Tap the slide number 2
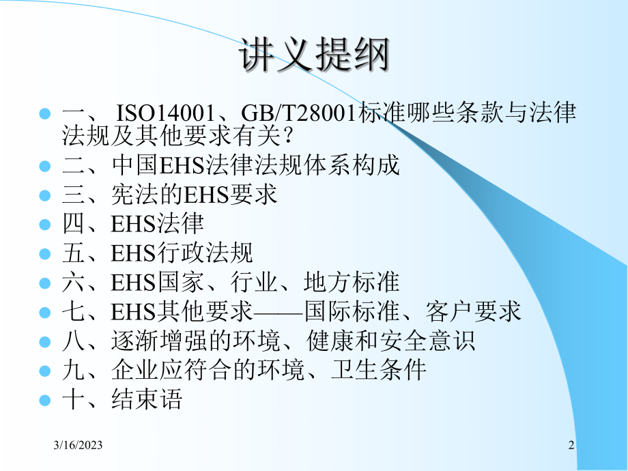tap(571, 446)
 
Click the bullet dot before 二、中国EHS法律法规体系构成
tap(46, 166)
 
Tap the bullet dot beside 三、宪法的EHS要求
tap(46, 195)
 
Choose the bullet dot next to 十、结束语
tap(46, 399)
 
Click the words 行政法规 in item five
tap(212, 253)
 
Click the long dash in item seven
tap(279, 312)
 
